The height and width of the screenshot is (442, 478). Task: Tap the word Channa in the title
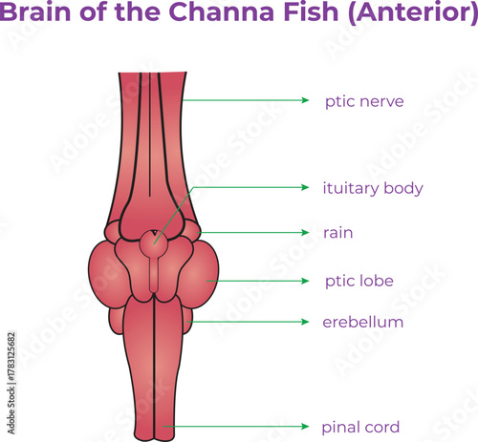pyautogui.click(x=213, y=14)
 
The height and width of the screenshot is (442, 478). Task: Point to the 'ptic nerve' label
pyautogui.click(x=363, y=100)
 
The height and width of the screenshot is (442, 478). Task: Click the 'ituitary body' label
pyautogui.click(x=373, y=188)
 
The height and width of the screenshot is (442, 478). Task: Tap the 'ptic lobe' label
pyautogui.click(x=359, y=281)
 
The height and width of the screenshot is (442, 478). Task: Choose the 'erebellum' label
pyautogui.click(x=362, y=323)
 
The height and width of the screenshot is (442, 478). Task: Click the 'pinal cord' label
pyautogui.click(x=360, y=426)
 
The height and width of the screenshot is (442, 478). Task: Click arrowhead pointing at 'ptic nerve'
pyautogui.click(x=305, y=100)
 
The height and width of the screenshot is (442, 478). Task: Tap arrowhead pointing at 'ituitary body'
pyautogui.click(x=305, y=188)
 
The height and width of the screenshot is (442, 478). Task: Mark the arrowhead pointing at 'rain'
pyautogui.click(x=305, y=232)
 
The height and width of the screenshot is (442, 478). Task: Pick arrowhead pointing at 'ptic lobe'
pyautogui.click(x=305, y=281)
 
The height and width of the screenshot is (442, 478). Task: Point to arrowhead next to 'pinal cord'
pyautogui.click(x=305, y=426)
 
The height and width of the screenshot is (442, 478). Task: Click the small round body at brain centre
pyautogui.click(x=152, y=243)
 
